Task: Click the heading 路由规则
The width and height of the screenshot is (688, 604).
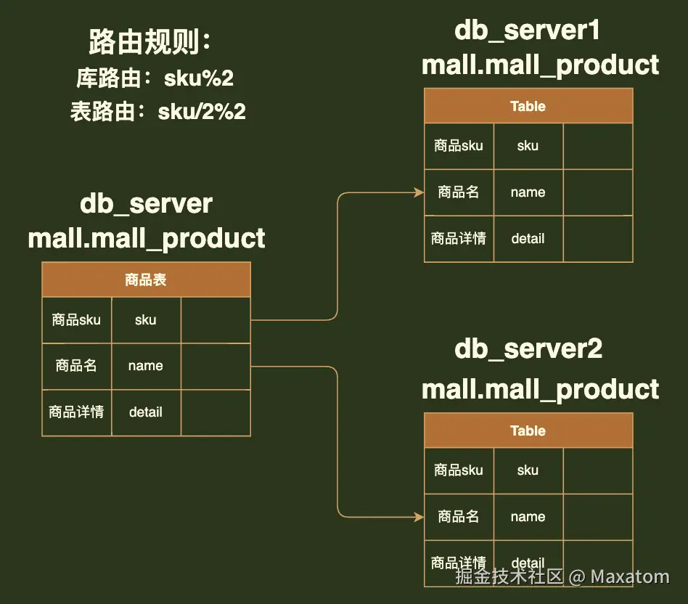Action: pyautogui.click(x=150, y=42)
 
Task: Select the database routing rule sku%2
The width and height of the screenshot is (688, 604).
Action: pyautogui.click(x=199, y=78)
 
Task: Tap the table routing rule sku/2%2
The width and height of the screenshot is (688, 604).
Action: pyautogui.click(x=202, y=112)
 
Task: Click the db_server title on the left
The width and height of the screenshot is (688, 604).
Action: pyautogui.click(x=146, y=204)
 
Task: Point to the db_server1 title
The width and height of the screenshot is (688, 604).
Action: pyautogui.click(x=527, y=30)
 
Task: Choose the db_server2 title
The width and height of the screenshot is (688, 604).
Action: pyautogui.click(x=528, y=349)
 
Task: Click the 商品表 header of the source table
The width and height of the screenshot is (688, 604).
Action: pyautogui.click(x=146, y=279)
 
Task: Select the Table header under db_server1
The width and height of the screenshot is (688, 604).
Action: pyautogui.click(x=528, y=106)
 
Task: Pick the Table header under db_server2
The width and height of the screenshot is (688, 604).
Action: pyautogui.click(x=528, y=430)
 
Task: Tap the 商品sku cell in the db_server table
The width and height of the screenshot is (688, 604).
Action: pyautogui.click(x=76, y=319)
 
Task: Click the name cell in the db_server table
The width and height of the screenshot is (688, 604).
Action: pyautogui.click(x=146, y=366)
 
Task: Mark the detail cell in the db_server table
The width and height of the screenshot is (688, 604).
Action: pyautogui.click(x=146, y=412)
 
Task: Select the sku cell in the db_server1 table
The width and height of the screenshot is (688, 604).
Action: pyautogui.click(x=528, y=146)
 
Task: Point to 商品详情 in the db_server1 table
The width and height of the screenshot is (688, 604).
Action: pyautogui.click(x=459, y=238)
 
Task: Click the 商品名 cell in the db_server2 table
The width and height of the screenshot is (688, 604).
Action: pyautogui.click(x=459, y=516)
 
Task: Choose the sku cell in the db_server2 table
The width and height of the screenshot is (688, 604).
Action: pyautogui.click(x=528, y=470)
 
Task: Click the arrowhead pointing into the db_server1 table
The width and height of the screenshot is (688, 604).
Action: pyautogui.click(x=419, y=192)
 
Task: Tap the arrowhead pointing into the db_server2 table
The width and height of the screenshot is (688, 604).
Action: pyautogui.click(x=419, y=517)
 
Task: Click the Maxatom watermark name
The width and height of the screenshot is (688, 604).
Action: pyautogui.click(x=630, y=577)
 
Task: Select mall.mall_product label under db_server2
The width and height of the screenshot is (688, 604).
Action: pyautogui.click(x=540, y=390)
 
